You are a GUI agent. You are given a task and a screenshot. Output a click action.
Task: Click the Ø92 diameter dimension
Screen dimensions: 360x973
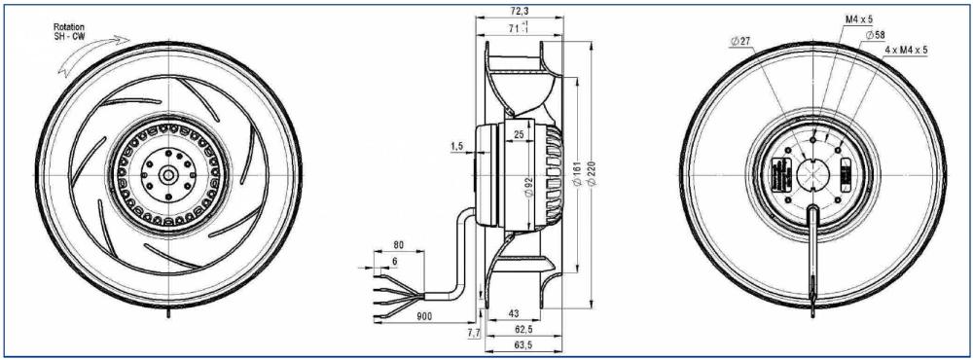pos(528,186)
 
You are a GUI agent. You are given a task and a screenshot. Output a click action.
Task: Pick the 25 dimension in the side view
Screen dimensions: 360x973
pos(521,134)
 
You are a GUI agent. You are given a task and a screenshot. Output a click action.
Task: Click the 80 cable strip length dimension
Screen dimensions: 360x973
pos(398,245)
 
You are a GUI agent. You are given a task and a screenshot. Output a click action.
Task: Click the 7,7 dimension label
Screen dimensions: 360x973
pos(474,334)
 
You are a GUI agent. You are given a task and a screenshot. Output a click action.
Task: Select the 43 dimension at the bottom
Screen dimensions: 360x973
pos(516,313)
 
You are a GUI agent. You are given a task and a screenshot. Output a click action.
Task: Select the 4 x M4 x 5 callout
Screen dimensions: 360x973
pos(906,49)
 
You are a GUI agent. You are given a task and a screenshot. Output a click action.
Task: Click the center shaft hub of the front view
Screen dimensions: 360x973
pos(168,175)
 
